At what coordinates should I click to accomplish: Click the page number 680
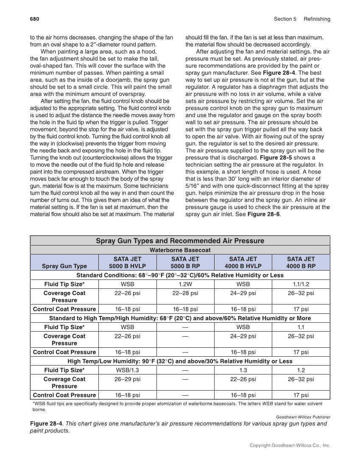(34, 19)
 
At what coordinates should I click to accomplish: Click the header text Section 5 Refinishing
(302, 19)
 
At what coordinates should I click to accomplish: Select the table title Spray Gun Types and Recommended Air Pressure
(180, 241)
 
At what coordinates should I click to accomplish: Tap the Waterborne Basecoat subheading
(180, 250)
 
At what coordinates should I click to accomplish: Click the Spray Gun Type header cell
(64, 266)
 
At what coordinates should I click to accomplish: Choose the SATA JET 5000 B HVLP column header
(127, 263)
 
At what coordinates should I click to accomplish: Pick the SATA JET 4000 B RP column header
(301, 263)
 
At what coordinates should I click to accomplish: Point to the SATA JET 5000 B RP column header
(185, 263)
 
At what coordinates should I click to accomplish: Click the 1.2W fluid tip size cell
(185, 284)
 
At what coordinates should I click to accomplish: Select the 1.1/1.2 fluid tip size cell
(301, 284)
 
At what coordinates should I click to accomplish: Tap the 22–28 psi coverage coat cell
(185, 293)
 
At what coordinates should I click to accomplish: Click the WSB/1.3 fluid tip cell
(127, 370)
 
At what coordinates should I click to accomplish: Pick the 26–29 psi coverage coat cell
(127, 379)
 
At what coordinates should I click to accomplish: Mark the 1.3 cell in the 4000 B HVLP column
(243, 370)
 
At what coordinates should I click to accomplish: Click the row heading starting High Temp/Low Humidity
(180, 361)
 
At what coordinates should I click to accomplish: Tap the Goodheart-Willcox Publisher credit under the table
(303, 417)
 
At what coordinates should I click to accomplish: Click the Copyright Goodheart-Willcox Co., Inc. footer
(290, 445)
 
